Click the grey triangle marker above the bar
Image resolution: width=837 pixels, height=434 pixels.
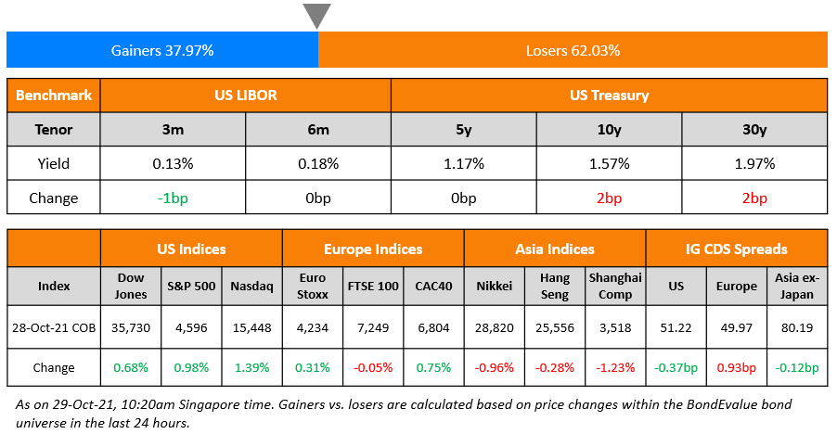point(317,15)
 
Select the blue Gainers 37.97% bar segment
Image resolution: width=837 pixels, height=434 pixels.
point(162,50)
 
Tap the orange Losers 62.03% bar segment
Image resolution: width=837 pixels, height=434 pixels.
point(572,50)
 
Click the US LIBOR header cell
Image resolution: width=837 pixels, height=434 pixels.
point(245,96)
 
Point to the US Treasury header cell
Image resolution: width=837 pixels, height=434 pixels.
point(609,96)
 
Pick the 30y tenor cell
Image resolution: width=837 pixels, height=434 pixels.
point(753,130)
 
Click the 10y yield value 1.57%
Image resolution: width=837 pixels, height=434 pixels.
point(609,164)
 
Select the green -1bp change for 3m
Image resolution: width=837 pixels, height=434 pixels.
point(173,198)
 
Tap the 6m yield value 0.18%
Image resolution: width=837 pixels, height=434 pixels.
point(317,164)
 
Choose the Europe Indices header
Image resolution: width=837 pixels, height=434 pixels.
point(372,249)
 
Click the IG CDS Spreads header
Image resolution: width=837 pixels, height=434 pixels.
point(736,249)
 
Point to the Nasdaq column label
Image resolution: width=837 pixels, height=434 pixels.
point(251,287)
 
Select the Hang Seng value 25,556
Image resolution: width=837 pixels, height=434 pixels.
point(554,327)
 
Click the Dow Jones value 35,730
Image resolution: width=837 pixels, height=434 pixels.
point(130,327)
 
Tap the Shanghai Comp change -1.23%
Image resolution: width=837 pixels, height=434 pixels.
point(615,368)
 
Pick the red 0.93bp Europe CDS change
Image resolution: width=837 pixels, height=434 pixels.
point(736,368)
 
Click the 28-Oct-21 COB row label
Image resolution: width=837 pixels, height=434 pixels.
point(54,327)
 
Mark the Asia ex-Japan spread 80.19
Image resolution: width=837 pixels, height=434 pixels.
point(796,327)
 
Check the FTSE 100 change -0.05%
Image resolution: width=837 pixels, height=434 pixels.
point(372,368)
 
